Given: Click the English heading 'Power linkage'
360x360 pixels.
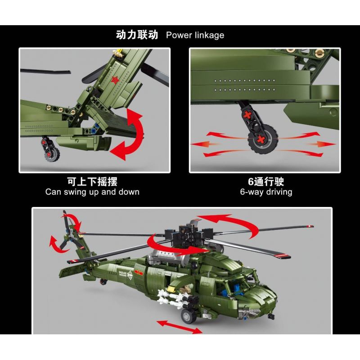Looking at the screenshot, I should pyautogui.click(x=195, y=35).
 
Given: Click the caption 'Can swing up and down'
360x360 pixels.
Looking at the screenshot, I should pyautogui.click(x=92, y=192).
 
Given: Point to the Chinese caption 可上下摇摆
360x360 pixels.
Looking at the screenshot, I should pyautogui.click(x=92, y=181).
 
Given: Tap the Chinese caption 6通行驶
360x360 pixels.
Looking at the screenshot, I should pyautogui.click(x=266, y=181).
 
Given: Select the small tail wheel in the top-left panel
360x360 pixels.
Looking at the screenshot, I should pyautogui.click(x=50, y=151).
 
